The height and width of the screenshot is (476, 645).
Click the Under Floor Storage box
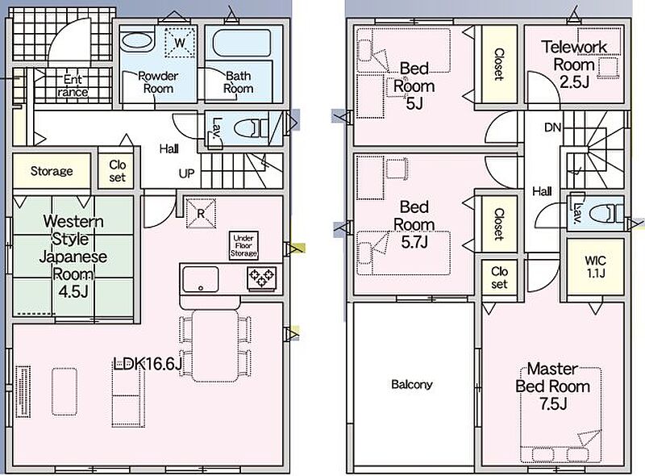pyautogui.click(x=243, y=245)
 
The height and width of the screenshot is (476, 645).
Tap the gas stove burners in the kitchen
pyautogui.click(x=261, y=277)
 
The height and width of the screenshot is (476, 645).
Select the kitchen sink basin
pyautogui.click(x=200, y=279)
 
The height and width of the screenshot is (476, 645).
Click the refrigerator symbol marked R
pyautogui.click(x=201, y=213)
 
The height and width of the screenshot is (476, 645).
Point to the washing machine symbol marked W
pyautogui.click(x=179, y=42)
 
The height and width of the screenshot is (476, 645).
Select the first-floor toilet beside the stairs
pyautogui.click(x=251, y=127)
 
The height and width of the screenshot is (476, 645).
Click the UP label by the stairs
pyautogui.click(x=186, y=173)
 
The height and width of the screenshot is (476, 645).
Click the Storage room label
pyautogui.click(x=52, y=171)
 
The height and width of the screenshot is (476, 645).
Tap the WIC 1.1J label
pyautogui.click(x=595, y=266)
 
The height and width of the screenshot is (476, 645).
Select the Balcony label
pyautogui.click(x=412, y=385)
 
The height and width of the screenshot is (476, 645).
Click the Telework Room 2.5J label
pyautogui.click(x=574, y=65)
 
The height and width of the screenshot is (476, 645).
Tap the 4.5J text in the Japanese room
pyautogui.click(x=73, y=291)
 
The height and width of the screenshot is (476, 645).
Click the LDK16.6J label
pyautogui.click(x=148, y=363)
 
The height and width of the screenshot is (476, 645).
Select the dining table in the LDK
pyautogui.click(x=215, y=345)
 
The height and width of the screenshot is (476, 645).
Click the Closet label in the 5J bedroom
pyautogui.click(x=499, y=65)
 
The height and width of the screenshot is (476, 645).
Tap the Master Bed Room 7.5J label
pyautogui.click(x=552, y=386)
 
